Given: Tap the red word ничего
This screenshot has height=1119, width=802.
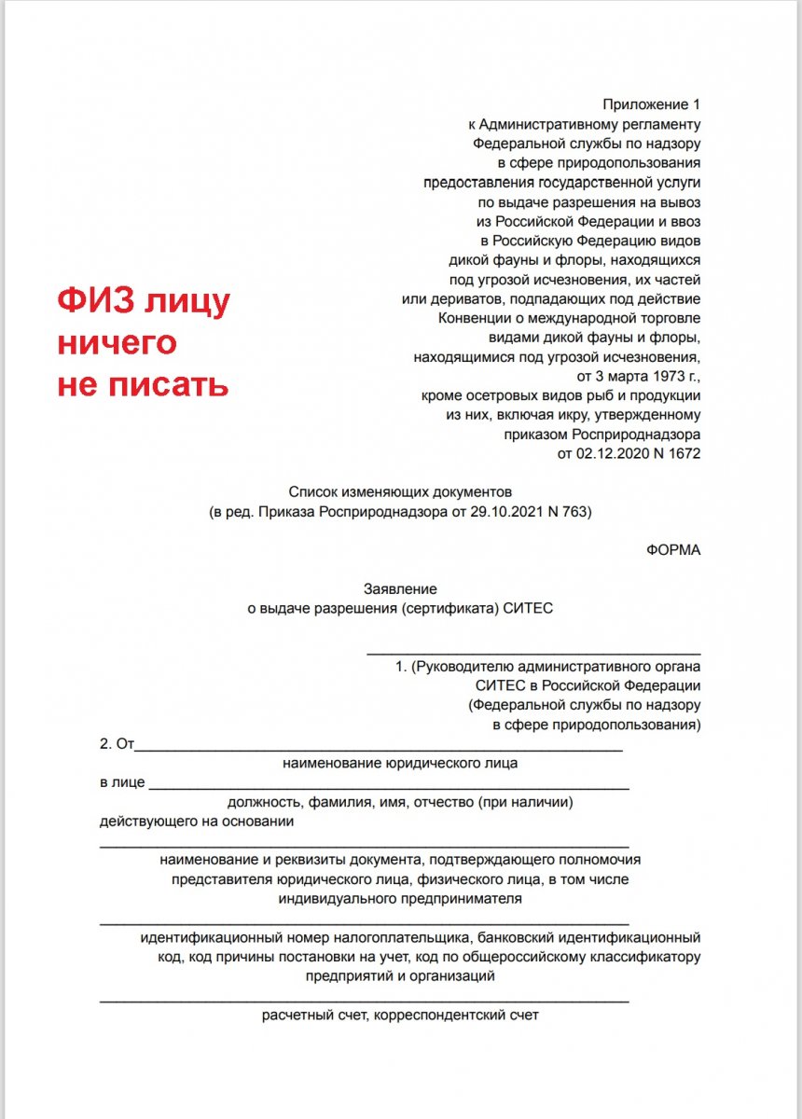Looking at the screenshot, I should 118,343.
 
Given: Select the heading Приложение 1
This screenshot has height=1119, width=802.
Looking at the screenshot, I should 650,104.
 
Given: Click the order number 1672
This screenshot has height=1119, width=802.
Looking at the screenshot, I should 681,454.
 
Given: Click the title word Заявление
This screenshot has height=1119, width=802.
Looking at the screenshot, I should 400,588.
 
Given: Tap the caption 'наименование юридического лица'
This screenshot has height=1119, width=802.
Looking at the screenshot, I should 400,763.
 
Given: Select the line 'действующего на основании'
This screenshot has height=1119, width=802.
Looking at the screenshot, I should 197,822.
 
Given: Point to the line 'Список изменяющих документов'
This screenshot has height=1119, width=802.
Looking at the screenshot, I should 400,491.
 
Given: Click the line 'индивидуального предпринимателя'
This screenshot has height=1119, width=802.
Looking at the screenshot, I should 400,899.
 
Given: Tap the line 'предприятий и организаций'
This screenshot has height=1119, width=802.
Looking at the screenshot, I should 400,976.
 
